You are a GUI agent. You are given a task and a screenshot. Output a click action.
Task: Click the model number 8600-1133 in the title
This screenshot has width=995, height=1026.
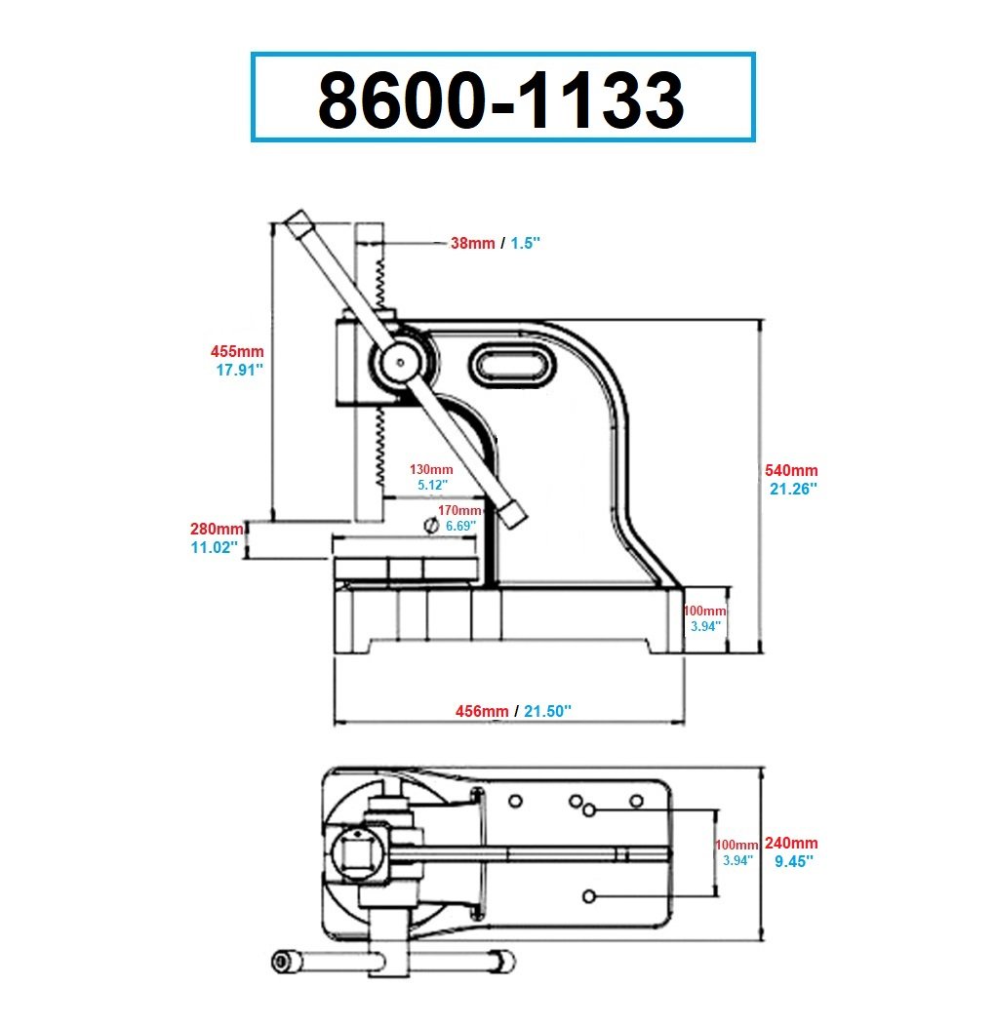point(501,99)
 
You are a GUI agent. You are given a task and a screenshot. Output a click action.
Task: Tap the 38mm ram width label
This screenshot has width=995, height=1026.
point(472,244)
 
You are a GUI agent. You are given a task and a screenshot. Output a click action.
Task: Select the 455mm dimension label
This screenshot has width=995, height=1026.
point(237,351)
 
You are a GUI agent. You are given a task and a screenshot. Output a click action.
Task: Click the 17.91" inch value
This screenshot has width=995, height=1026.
point(240,370)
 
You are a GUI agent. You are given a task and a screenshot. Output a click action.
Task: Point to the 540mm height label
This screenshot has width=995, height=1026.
point(791,470)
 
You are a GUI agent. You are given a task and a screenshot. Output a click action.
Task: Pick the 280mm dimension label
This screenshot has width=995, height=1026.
point(217,529)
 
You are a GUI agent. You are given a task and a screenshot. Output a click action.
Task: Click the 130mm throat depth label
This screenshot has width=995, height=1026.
point(431,469)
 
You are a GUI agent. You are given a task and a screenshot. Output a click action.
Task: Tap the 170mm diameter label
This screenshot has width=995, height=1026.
point(459,510)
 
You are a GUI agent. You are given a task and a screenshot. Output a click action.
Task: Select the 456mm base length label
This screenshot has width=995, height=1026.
point(482,711)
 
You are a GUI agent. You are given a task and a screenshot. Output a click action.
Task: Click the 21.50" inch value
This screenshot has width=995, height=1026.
point(548,711)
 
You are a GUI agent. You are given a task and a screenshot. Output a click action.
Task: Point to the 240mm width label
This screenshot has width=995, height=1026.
point(791,844)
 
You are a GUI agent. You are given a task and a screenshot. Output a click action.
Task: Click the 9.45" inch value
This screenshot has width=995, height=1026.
point(794,862)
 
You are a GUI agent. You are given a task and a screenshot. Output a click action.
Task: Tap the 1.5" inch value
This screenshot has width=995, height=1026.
point(526,244)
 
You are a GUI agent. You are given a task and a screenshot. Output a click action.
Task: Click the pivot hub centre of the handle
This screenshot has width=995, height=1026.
point(400,361)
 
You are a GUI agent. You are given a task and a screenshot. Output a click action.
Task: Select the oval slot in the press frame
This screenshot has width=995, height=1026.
point(512,365)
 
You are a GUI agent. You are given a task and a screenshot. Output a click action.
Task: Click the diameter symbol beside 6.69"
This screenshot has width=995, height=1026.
point(431,526)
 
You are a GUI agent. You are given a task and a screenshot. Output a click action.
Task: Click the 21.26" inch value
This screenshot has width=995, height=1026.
point(793,489)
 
